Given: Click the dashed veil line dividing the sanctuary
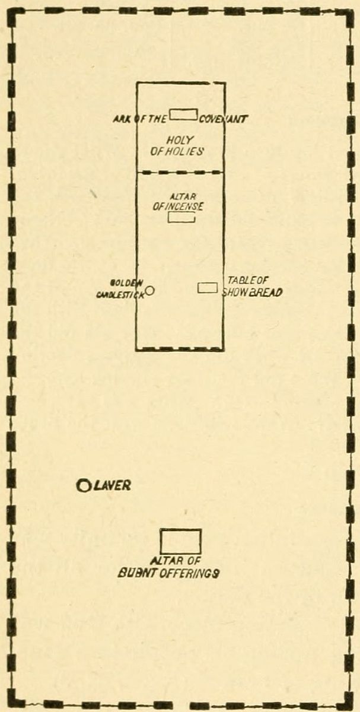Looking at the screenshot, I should click(x=180, y=172).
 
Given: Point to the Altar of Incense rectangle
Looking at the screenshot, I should click(x=181, y=218).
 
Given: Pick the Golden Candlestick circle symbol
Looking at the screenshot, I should click(x=150, y=290).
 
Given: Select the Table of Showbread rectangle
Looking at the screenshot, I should click(x=205, y=288).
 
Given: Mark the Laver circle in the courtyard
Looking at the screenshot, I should click(x=84, y=486).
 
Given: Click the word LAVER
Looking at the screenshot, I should click(x=112, y=486).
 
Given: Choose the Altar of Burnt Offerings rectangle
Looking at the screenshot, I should click(x=181, y=541).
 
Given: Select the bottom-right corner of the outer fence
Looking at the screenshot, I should click(x=349, y=701).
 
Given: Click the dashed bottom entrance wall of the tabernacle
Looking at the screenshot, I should click(x=180, y=349).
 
